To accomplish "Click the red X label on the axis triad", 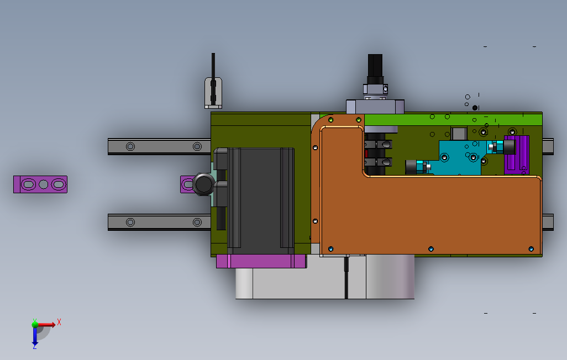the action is pos(59,322).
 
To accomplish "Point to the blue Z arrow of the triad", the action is pos(35,336).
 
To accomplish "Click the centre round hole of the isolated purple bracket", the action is pos(44,184).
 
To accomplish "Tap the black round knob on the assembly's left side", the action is pos(203,184).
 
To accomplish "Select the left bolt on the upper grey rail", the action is pos(130,146).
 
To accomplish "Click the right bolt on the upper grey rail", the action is pos(197,146).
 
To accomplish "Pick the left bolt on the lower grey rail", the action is pos(130,222).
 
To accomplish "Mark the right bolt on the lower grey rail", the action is pos(197,222).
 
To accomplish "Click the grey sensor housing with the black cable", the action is pos(213,93).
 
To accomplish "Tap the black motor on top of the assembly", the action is pos(375,69).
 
